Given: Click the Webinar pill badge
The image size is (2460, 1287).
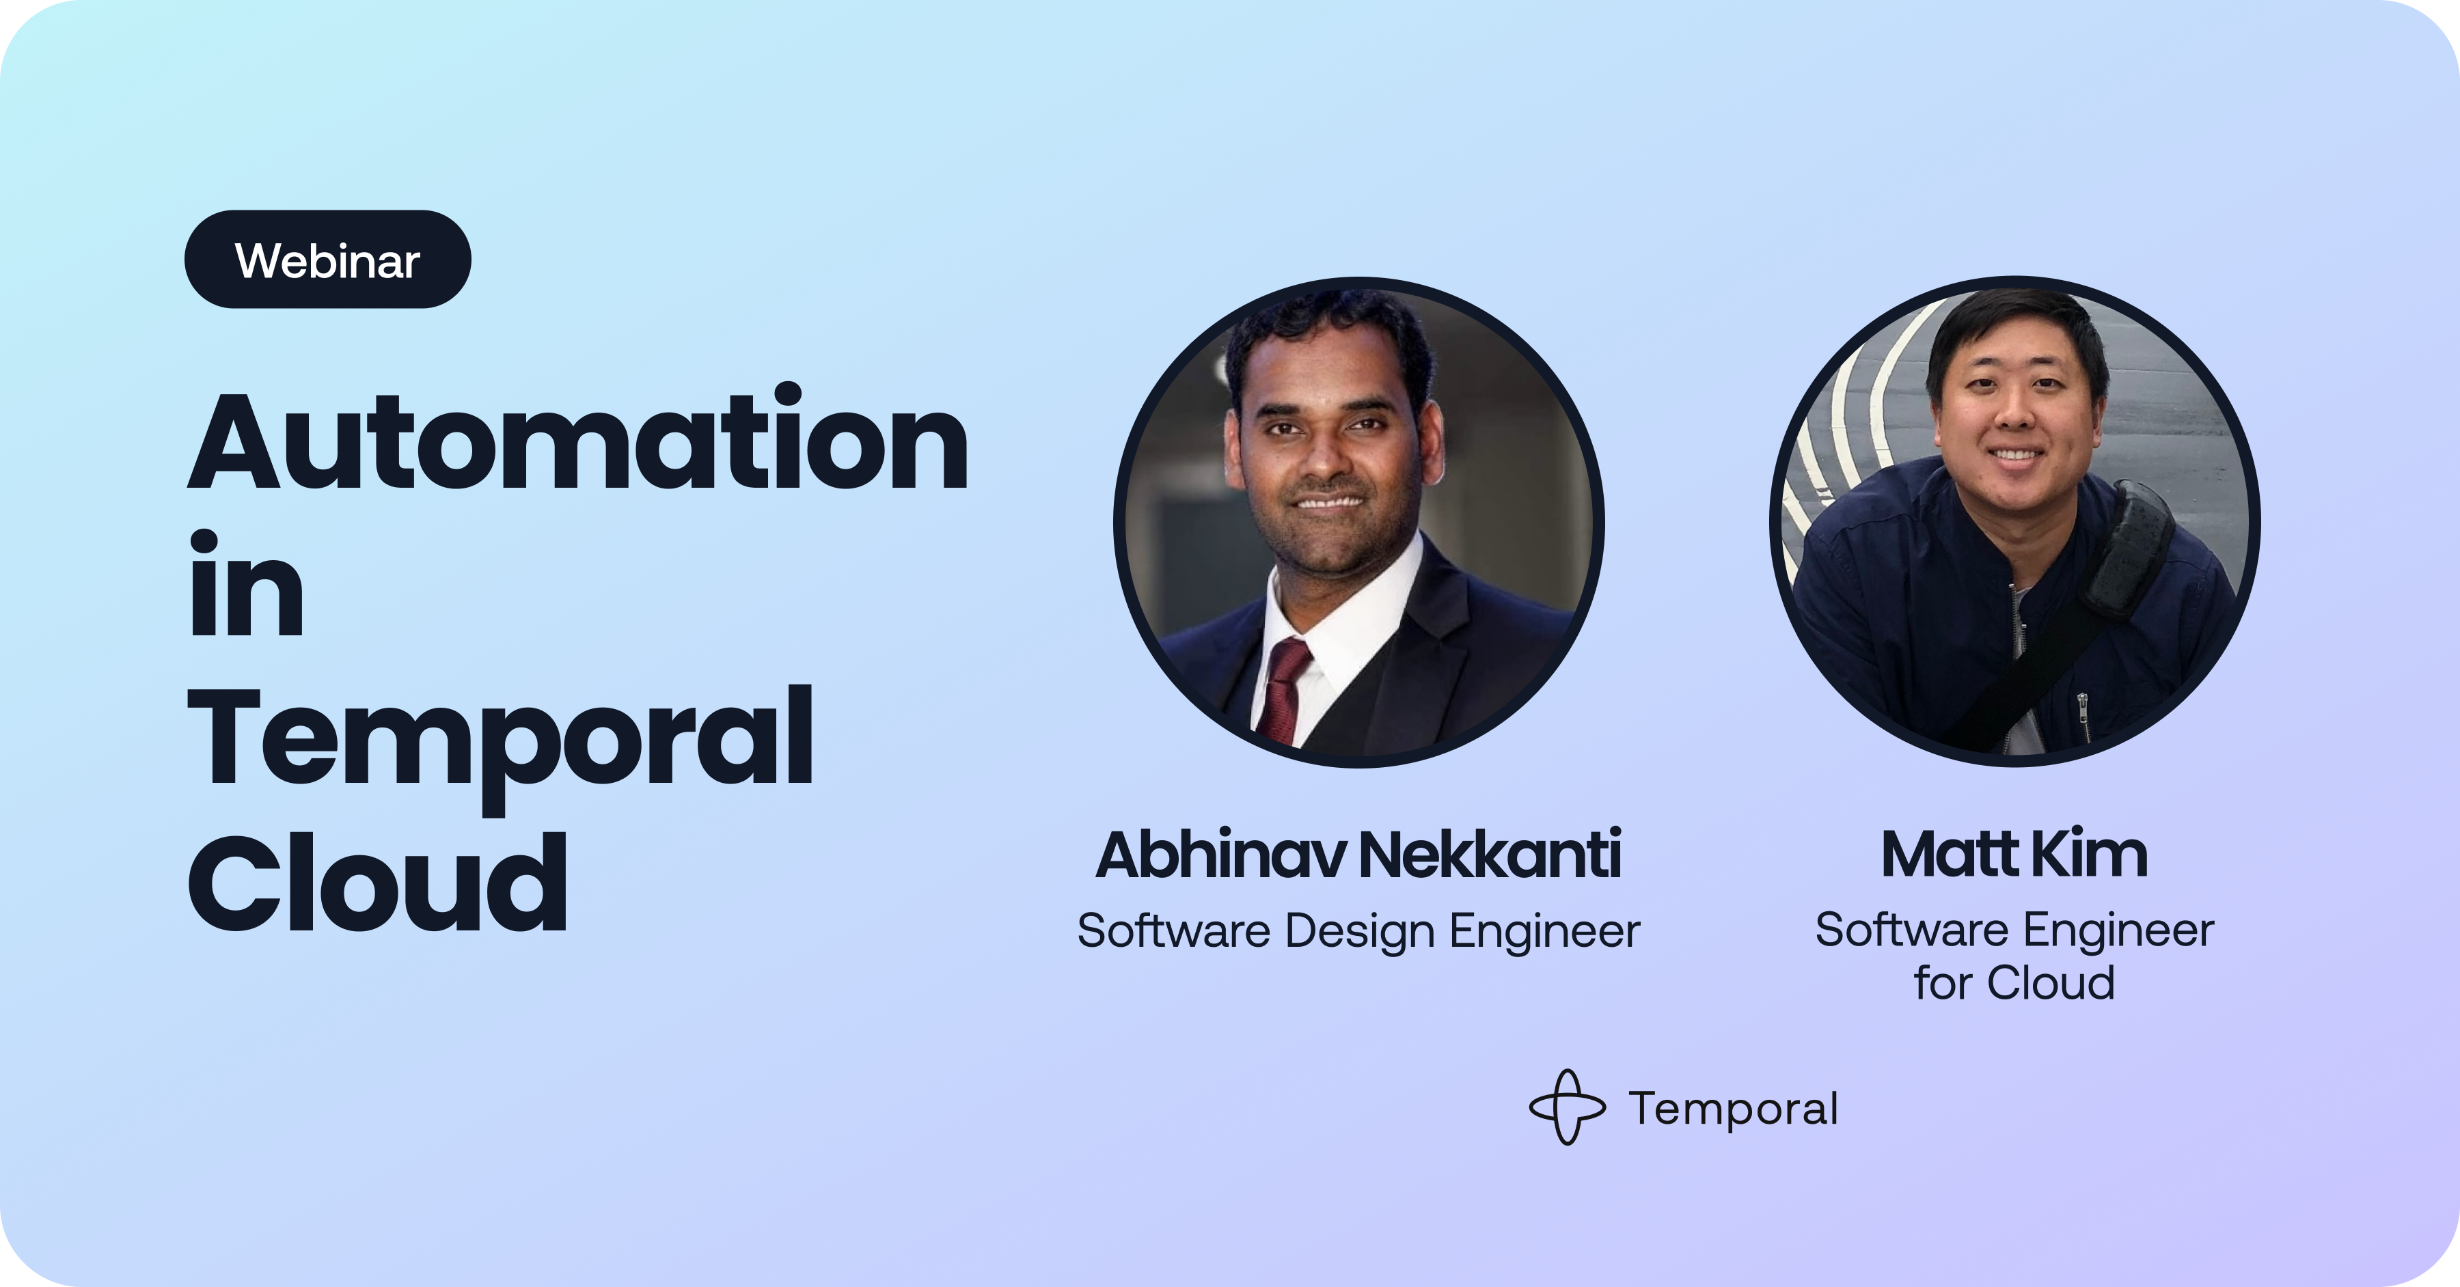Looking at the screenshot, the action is (327, 260).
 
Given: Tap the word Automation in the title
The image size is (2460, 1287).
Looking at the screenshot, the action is (579, 440).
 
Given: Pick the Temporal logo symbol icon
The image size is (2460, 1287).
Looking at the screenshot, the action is (1567, 1107).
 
